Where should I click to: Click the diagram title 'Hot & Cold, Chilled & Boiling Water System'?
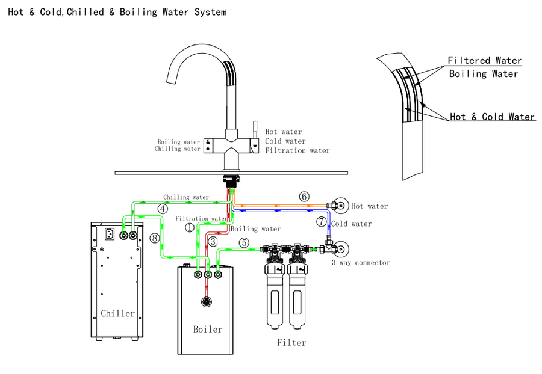tap(117, 12)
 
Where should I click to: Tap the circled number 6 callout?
tap(304, 197)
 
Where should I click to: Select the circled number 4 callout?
tap(163, 209)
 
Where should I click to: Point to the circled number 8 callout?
tap(155, 238)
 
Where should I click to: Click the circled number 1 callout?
tap(190, 228)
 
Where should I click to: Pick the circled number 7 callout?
tap(322, 222)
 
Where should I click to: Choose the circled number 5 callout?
tap(243, 243)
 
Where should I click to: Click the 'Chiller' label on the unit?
tap(118, 313)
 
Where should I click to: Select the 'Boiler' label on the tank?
tap(208, 329)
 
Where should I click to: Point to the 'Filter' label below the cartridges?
tap(291, 343)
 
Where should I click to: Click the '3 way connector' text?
tap(361, 263)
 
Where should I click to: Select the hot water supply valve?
tap(339, 206)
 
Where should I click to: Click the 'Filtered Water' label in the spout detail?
tap(484, 61)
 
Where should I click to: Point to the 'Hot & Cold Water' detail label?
tap(492, 117)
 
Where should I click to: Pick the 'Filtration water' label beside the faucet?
tap(297, 150)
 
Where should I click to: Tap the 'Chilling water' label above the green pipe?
tap(186, 197)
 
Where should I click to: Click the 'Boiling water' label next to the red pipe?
tap(256, 229)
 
